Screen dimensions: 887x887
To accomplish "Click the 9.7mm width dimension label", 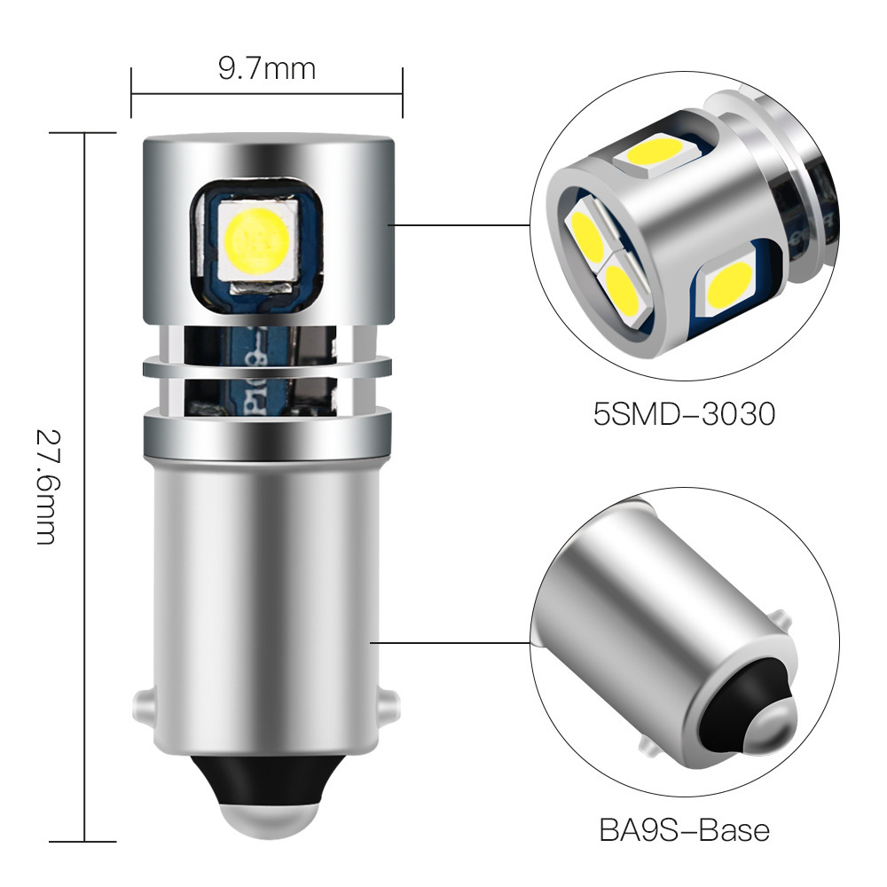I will coord(267,68).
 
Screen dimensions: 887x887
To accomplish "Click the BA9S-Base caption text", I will coord(684,831).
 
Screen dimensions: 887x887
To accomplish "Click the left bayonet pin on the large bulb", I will coord(142,709).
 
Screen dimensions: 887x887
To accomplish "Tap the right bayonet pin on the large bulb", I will coord(389,709).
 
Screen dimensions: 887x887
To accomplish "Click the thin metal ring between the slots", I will coord(266,365).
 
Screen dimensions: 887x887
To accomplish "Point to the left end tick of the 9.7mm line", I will coord(131,91).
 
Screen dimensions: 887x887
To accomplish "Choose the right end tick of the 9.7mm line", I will coord(403,91).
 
